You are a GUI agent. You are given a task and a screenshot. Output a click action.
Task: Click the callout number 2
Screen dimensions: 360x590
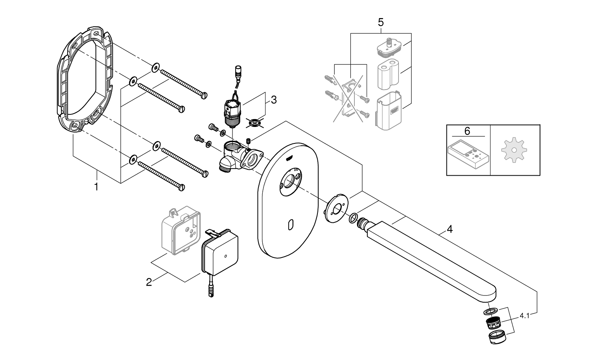pos(149,282)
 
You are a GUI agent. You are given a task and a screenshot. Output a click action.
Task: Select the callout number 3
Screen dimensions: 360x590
pos(273,100)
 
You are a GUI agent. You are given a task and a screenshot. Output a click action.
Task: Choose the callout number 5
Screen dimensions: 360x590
pos(380,22)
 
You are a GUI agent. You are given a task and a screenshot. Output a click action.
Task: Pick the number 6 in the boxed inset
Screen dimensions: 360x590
pos(467,131)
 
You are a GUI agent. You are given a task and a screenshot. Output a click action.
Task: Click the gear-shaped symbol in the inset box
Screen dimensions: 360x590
pos(514,151)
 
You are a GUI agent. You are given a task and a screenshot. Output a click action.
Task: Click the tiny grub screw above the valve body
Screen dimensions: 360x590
pos(248,140)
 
